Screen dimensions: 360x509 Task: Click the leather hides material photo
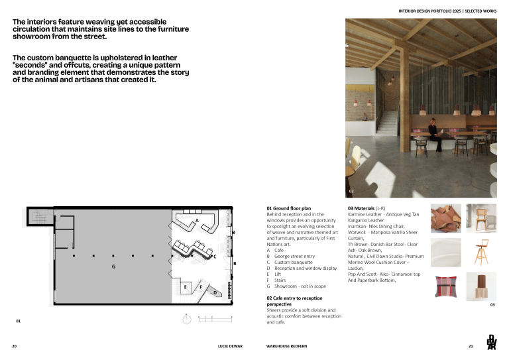(445, 218)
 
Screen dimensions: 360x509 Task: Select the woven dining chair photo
(481, 218)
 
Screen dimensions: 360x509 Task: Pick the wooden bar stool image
(481, 253)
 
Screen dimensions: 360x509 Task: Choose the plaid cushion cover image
(445, 287)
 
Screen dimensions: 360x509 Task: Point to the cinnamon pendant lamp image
(481, 287)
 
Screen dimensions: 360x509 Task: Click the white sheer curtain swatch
(445, 253)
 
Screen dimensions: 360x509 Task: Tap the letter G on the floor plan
(113, 267)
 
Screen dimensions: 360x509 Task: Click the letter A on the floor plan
(197, 220)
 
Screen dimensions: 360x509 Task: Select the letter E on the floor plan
(186, 287)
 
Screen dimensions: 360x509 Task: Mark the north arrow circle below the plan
(186, 320)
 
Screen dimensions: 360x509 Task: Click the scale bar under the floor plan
(215, 320)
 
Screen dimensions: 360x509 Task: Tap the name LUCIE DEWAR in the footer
(230, 346)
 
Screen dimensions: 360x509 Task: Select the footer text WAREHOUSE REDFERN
(286, 346)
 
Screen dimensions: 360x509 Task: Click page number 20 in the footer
(14, 346)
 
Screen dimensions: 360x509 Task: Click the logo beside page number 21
(491, 342)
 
